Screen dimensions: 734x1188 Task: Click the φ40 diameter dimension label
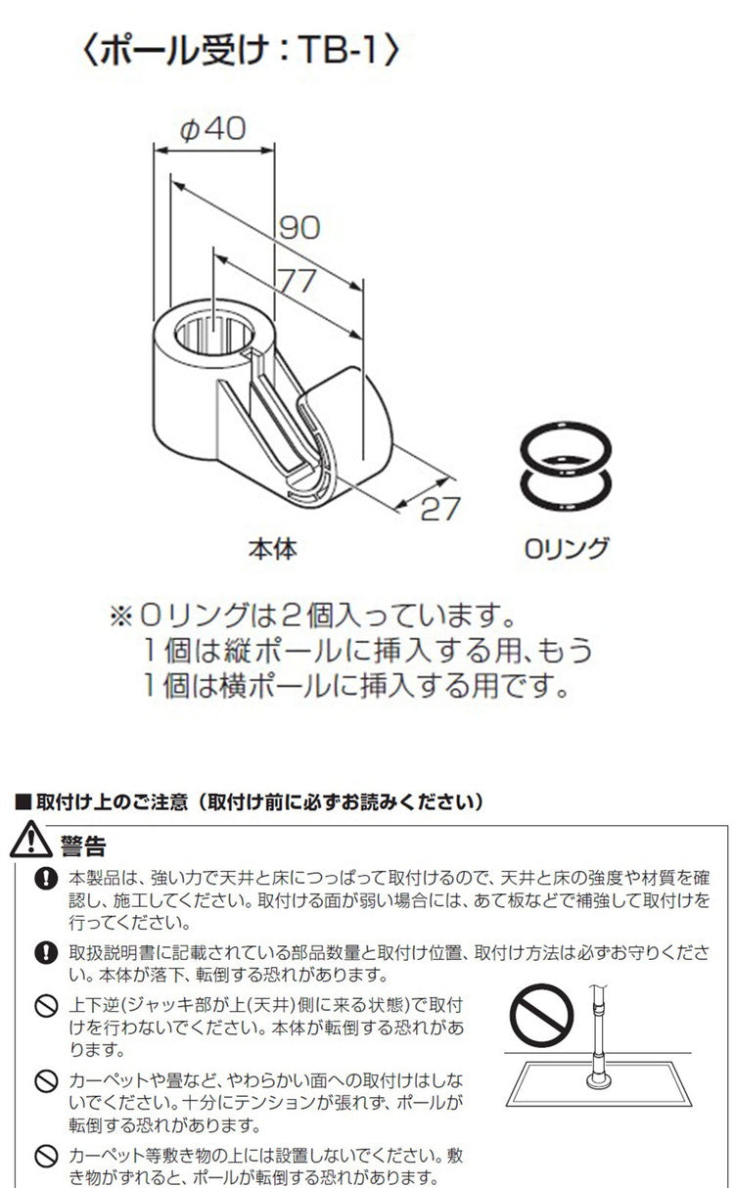[x=213, y=129]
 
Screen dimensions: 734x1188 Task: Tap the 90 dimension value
[x=299, y=228]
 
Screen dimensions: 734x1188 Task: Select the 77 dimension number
[x=298, y=281]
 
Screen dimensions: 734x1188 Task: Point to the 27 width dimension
[x=440, y=509]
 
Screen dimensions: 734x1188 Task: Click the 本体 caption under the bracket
[x=273, y=549]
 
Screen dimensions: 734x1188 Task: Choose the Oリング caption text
[x=566, y=548]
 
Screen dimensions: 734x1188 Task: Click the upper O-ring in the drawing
[x=566, y=448]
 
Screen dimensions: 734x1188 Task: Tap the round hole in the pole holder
[x=214, y=335]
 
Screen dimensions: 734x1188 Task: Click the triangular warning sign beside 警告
[x=30, y=840]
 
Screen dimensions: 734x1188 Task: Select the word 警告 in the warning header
[x=83, y=845]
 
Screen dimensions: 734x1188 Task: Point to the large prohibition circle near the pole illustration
[x=541, y=1016]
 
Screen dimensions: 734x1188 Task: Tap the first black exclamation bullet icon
[x=46, y=880]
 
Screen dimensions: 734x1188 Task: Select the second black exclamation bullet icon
[x=46, y=953]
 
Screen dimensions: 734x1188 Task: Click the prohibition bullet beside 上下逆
[x=46, y=1006]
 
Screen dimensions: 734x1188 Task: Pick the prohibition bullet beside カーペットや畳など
[x=46, y=1081]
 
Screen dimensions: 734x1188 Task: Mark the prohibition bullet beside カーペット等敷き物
[x=46, y=1156]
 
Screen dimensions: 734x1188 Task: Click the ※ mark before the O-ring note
[x=121, y=617]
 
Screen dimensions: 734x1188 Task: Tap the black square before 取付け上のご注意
[x=23, y=802]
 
